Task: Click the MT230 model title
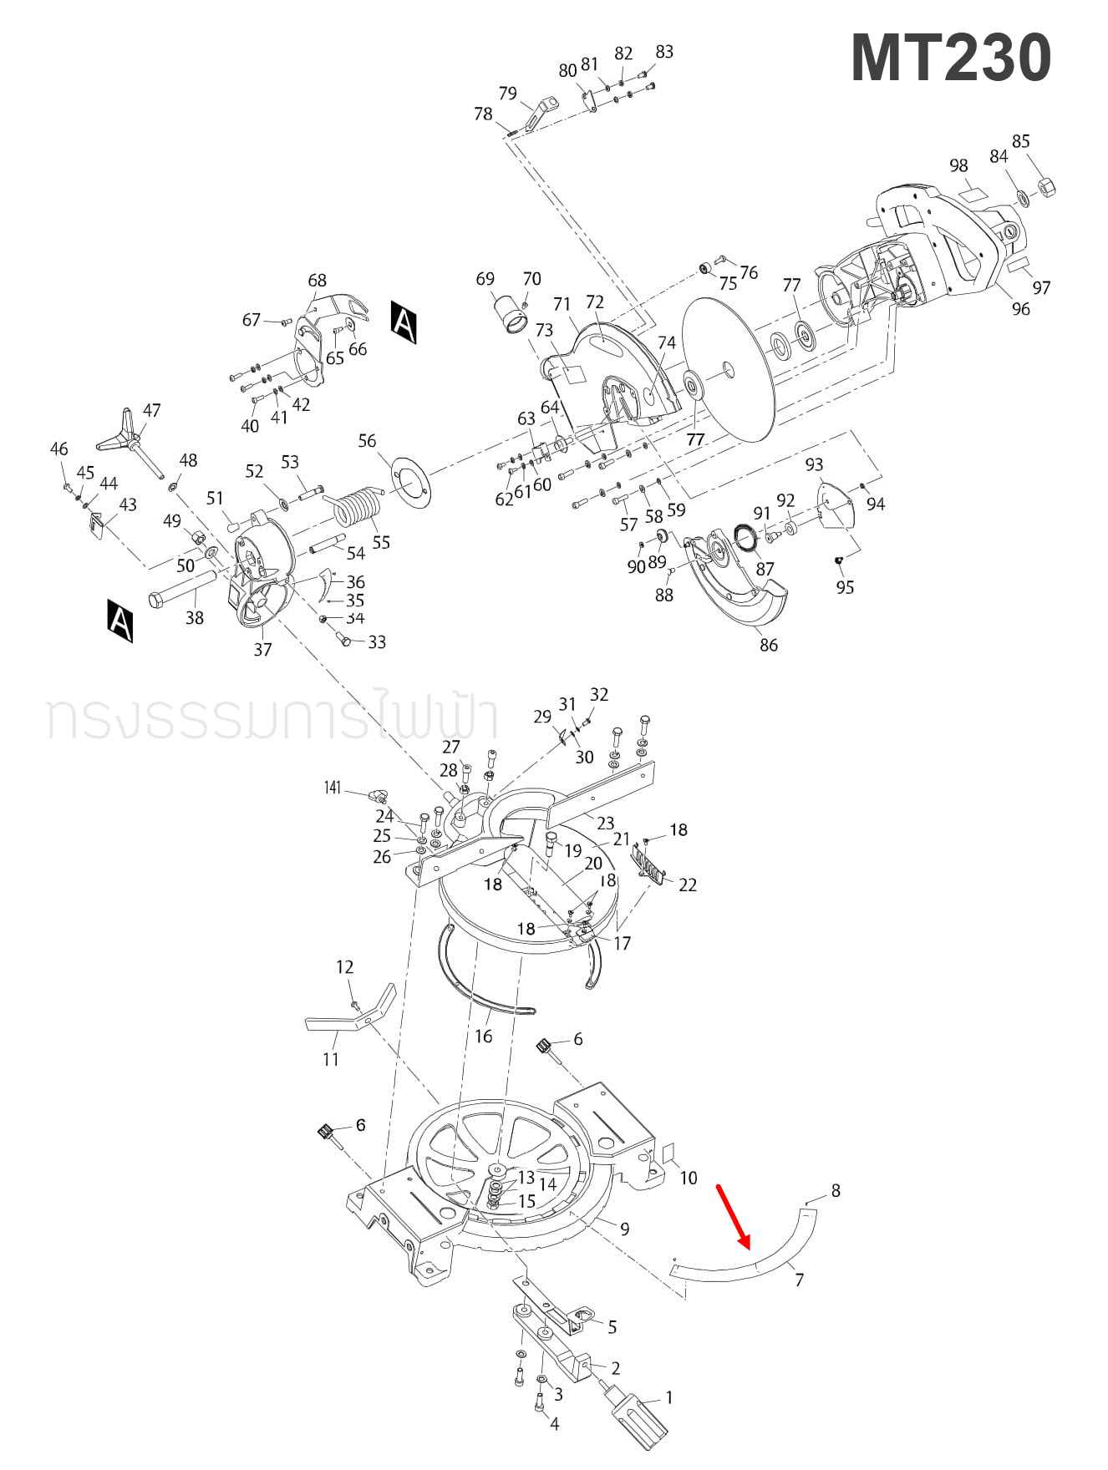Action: [x=951, y=58]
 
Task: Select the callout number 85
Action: [x=1021, y=141]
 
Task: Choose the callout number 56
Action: [x=367, y=440]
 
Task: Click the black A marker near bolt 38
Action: [x=120, y=620]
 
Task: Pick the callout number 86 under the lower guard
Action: [x=768, y=645]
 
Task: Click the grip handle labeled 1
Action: [x=640, y=1415]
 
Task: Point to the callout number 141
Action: [x=333, y=788]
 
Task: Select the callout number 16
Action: [x=483, y=1037]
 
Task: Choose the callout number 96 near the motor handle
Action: [x=1021, y=309]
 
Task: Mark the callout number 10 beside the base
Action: [x=688, y=1178]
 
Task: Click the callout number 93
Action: [x=814, y=464]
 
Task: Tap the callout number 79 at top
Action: [x=507, y=94]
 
